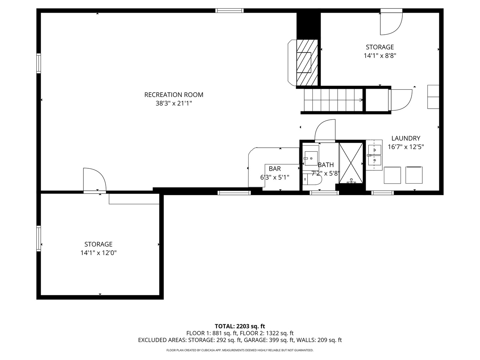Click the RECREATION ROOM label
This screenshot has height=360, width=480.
pyautogui.click(x=174, y=95)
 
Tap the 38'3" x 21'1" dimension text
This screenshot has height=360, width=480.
pyautogui.click(x=174, y=103)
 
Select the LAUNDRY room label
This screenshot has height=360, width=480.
pyautogui.click(x=406, y=138)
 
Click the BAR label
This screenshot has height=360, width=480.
pyautogui.click(x=275, y=169)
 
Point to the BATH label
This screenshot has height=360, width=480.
pyautogui.click(x=326, y=165)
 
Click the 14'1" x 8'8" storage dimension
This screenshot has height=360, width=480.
pyautogui.click(x=380, y=56)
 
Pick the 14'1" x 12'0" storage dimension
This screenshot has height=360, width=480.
pyautogui.click(x=98, y=253)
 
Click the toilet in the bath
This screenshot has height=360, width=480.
pyautogui.click(x=313, y=179)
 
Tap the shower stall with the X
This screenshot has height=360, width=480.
pyautogui.click(x=351, y=163)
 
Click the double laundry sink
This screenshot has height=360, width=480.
pyautogui.click(x=374, y=155)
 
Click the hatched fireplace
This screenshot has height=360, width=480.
pyautogui.click(x=307, y=62)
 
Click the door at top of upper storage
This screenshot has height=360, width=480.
pyautogui.click(x=391, y=23)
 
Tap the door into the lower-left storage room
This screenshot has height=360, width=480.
pyautogui.click(x=94, y=180)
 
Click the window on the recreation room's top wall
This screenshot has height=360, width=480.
pyautogui.click(x=229, y=10)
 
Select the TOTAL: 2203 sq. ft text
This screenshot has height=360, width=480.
pyautogui.click(x=240, y=326)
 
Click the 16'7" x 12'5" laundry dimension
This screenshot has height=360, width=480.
pyautogui.click(x=406, y=147)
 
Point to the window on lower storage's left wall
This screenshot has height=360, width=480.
pyautogui.click(x=39, y=238)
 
